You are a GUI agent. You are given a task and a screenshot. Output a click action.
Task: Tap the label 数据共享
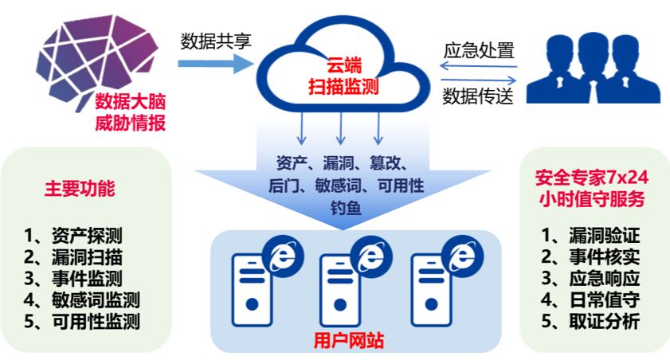pos(216,39)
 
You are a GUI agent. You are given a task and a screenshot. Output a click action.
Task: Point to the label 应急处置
pos(478,49)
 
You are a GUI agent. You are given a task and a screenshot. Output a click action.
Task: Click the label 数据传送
pos(478,96)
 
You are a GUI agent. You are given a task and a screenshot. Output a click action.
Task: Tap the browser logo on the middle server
pos(370,257)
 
